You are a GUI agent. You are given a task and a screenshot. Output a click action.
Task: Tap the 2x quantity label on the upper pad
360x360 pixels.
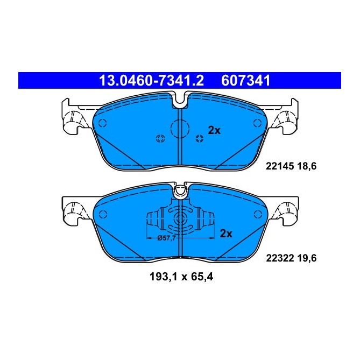coord(214,130)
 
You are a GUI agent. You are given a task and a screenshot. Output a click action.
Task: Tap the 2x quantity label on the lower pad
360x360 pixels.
coord(226,234)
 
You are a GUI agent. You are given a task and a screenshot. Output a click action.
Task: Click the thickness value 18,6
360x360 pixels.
coord(305,167)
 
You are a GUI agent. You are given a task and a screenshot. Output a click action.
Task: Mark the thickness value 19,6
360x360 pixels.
coord(305,258)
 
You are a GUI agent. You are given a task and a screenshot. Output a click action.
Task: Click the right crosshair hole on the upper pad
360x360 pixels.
coord(199,139)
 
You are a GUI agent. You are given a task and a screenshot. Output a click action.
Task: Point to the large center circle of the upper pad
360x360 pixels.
coord(180,129)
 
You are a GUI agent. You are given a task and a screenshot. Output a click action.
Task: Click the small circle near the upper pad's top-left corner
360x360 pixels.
coord(105,122)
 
